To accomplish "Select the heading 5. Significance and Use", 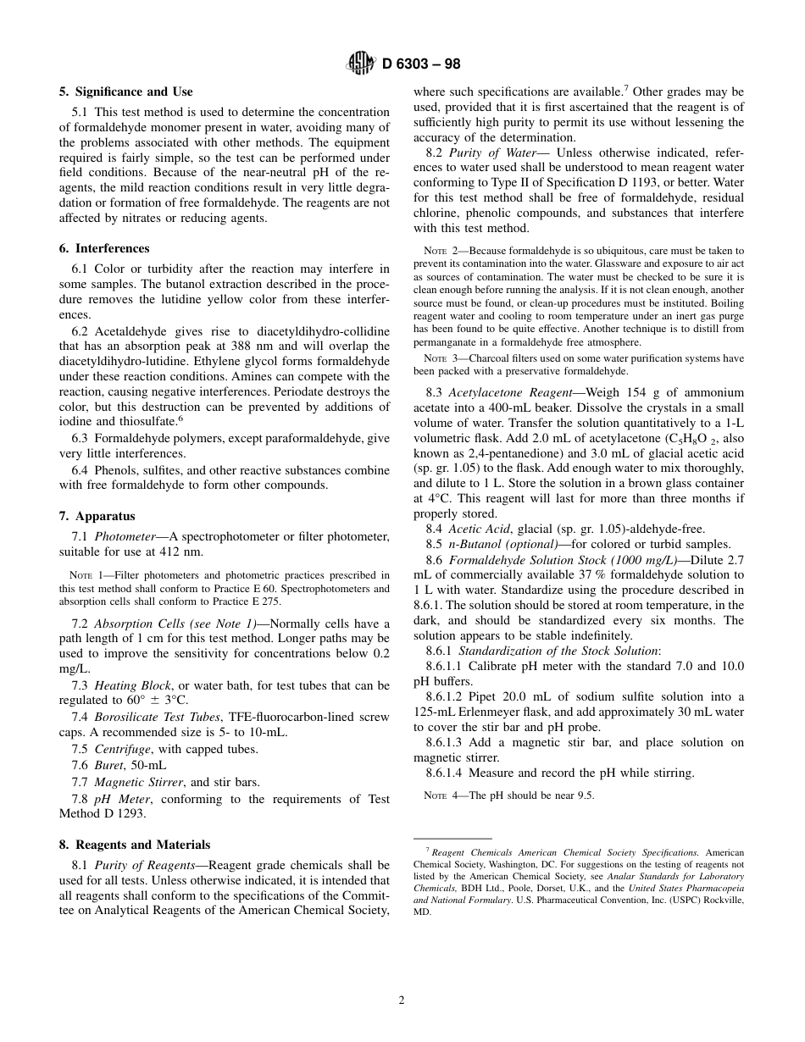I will coord(125,91).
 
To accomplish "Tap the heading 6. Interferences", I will coord(104,248).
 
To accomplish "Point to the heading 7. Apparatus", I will coord(97,516).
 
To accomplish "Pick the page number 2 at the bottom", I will coord(402,1000).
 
